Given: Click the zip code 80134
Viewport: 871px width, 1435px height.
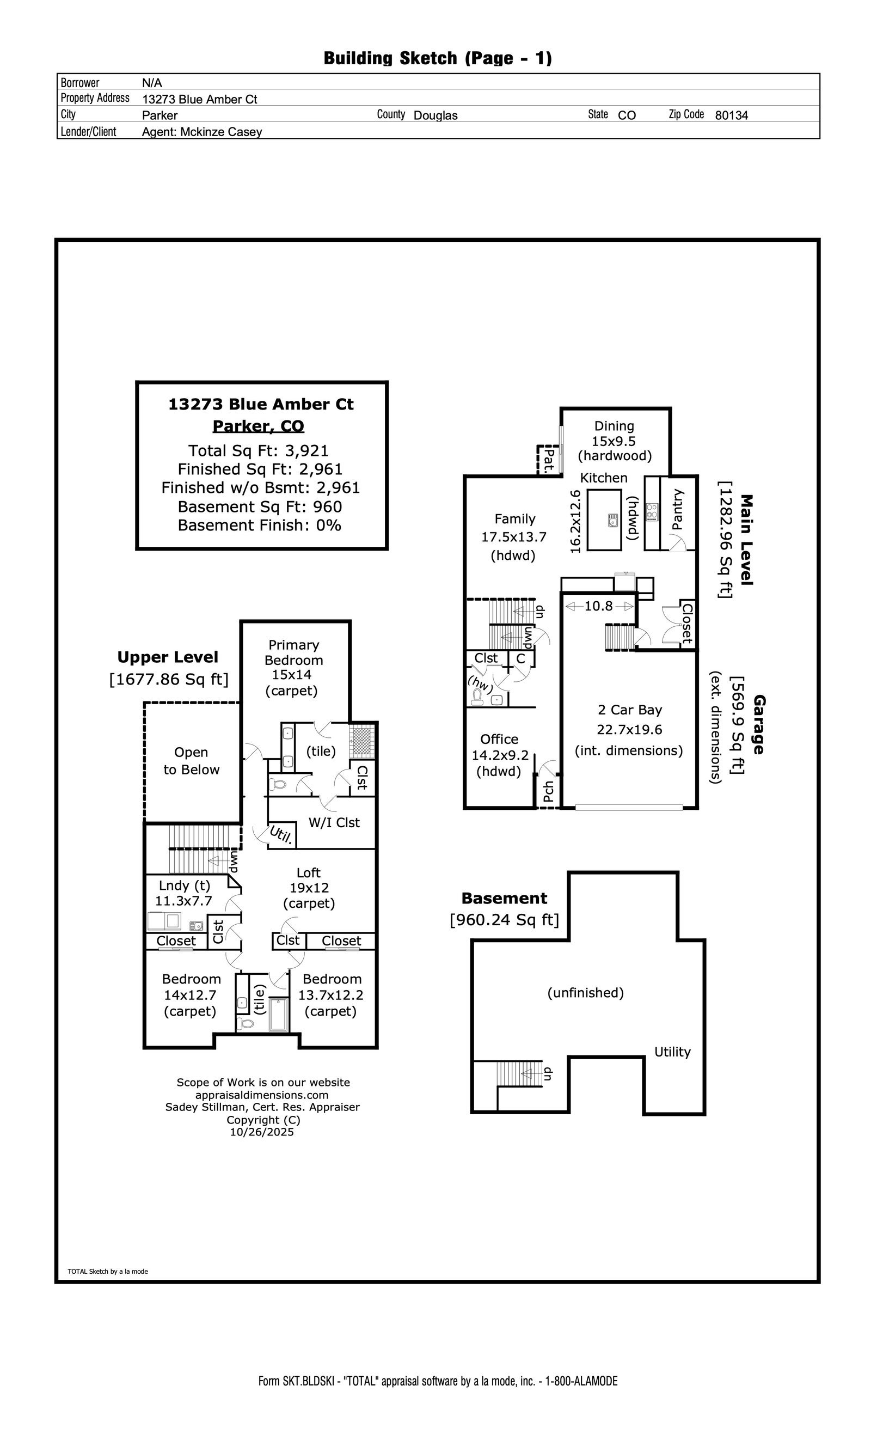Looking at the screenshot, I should coord(731,115).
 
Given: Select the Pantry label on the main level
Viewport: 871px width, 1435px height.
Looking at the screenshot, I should coord(677,509).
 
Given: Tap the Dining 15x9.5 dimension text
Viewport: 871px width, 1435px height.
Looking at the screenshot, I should coord(614,441).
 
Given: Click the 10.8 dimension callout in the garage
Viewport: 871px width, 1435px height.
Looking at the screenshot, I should coord(598,606).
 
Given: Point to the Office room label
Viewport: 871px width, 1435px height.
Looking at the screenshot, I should coord(499,739).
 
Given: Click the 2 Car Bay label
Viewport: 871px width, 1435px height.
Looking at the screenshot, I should coord(630,710).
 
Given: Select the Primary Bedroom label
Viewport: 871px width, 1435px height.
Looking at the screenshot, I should coord(293,652).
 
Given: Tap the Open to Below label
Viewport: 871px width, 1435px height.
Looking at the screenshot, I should coord(191,761).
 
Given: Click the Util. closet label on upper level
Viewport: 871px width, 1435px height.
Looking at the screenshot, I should coord(281,835).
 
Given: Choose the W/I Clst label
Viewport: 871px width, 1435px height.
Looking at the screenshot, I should coord(334,822).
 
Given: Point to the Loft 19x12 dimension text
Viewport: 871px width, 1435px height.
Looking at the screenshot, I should coord(309,888).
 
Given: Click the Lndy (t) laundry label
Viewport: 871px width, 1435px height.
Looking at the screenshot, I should coord(184,885).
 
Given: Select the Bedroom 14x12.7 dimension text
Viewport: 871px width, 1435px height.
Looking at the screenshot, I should coord(190,995).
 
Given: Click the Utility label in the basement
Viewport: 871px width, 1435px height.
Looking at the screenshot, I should coord(672,1052).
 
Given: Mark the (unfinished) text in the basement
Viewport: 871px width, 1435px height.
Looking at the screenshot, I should coord(585,992).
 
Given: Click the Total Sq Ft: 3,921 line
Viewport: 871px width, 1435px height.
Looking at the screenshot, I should coord(259,450).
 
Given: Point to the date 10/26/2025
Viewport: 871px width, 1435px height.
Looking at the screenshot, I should coord(262,1132).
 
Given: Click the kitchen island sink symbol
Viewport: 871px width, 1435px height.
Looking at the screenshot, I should coord(612,520).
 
